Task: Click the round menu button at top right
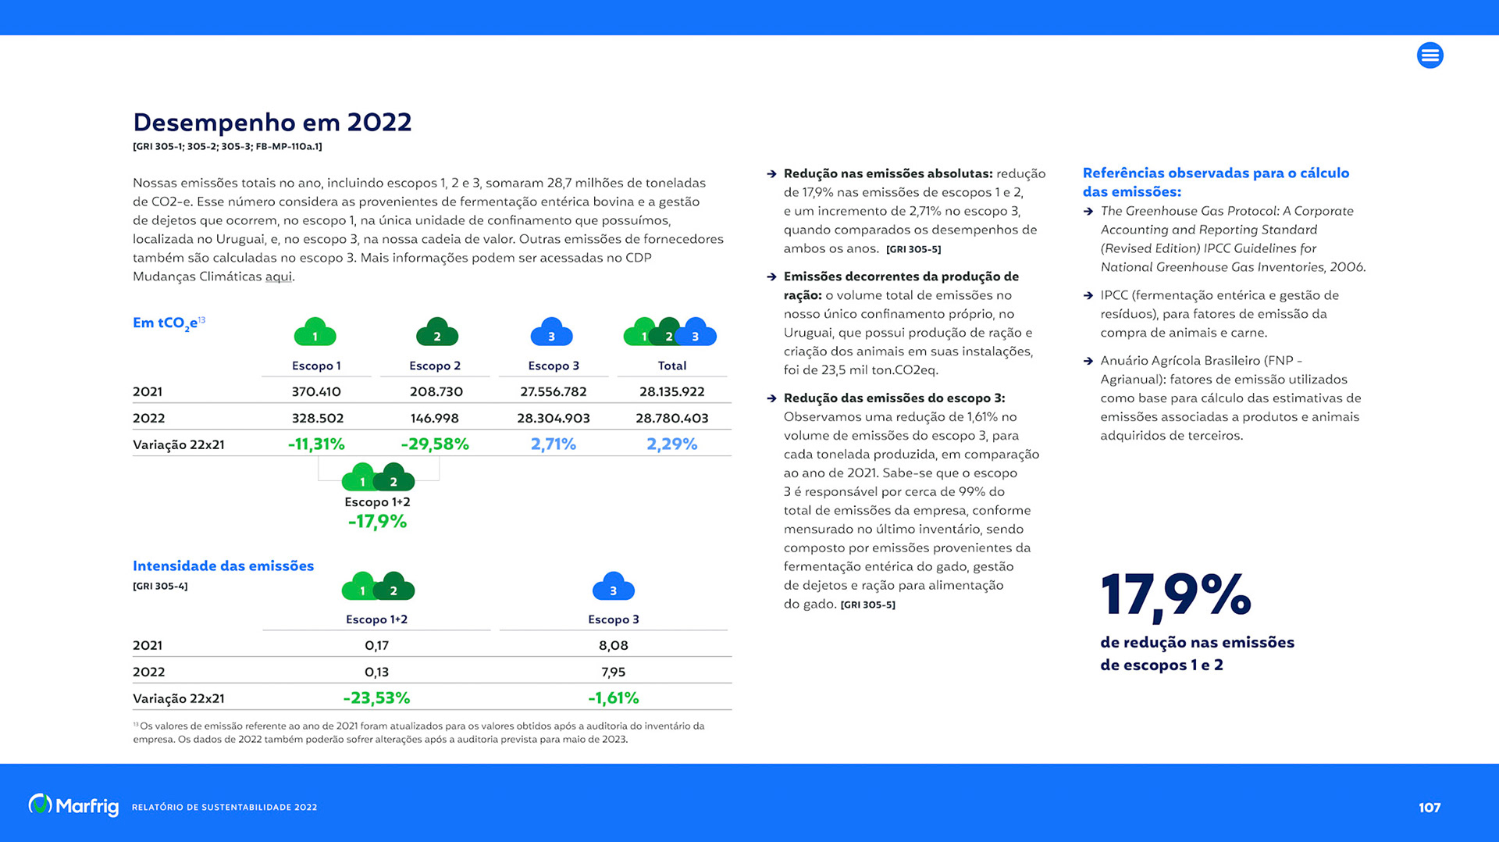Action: coord(1430,55)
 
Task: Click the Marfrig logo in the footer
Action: coord(73,805)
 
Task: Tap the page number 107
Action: coord(1430,808)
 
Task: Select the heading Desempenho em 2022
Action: coord(272,122)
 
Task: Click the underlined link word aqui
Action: coord(278,277)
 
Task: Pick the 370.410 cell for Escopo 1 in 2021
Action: coord(316,391)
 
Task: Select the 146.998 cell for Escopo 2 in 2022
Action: coord(435,418)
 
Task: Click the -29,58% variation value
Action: coord(435,444)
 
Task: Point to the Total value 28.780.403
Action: coord(671,418)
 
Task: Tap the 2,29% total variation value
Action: coord(671,444)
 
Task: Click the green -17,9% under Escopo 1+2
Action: coord(377,522)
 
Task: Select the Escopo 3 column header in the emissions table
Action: coord(553,366)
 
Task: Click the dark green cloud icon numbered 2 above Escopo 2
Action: coord(436,333)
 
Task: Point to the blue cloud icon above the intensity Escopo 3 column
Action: coord(613,587)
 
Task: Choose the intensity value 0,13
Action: coord(376,672)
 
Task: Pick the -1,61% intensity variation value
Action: coord(613,698)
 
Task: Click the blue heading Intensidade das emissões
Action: coord(223,565)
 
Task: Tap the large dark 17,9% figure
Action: coord(1175,595)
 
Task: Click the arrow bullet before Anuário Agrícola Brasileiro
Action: coord(1088,361)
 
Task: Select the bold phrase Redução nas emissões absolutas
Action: coord(888,173)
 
